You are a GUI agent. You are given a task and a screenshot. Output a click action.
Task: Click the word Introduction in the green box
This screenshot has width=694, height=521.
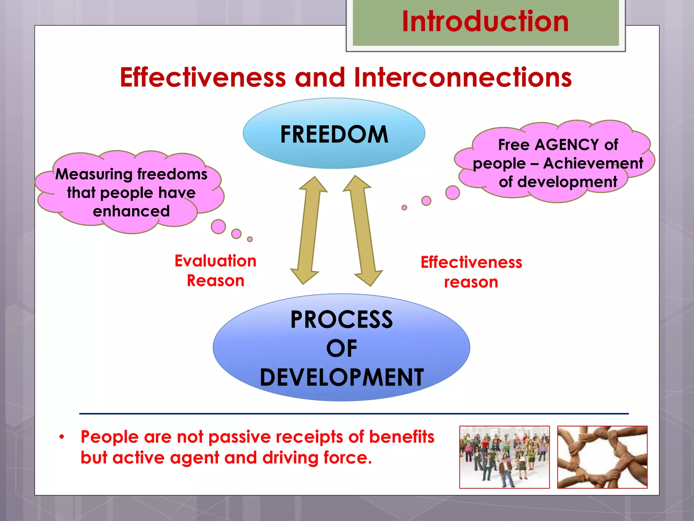(485, 21)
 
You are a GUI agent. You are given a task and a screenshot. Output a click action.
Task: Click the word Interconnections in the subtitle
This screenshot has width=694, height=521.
(463, 77)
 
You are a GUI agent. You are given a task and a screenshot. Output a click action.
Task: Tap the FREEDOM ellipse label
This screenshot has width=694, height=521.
(334, 134)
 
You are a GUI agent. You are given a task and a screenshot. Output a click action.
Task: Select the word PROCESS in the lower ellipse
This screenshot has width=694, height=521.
(342, 320)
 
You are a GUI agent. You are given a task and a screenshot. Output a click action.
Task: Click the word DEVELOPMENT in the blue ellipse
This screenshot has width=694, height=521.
(342, 377)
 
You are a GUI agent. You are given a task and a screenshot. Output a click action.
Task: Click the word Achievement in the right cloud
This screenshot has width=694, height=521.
(593, 163)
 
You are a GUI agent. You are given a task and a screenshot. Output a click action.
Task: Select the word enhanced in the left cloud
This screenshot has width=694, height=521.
(131, 211)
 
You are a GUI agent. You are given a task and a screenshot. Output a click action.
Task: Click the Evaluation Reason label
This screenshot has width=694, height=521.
(216, 271)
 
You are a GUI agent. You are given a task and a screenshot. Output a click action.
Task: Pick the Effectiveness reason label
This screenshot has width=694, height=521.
(471, 272)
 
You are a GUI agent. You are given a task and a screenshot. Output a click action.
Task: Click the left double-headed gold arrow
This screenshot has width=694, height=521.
(308, 231)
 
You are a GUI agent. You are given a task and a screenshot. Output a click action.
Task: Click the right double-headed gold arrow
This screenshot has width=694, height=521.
(363, 231)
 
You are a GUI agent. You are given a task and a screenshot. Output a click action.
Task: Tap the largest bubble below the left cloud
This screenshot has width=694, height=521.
(218, 227)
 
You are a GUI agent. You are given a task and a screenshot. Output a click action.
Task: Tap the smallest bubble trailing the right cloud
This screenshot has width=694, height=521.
(404, 208)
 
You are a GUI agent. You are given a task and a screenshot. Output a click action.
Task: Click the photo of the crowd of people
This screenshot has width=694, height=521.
(504, 457)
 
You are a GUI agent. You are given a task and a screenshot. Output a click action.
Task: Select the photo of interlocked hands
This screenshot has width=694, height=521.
(602, 457)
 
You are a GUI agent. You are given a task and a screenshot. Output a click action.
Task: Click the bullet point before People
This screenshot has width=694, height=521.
(61, 437)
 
